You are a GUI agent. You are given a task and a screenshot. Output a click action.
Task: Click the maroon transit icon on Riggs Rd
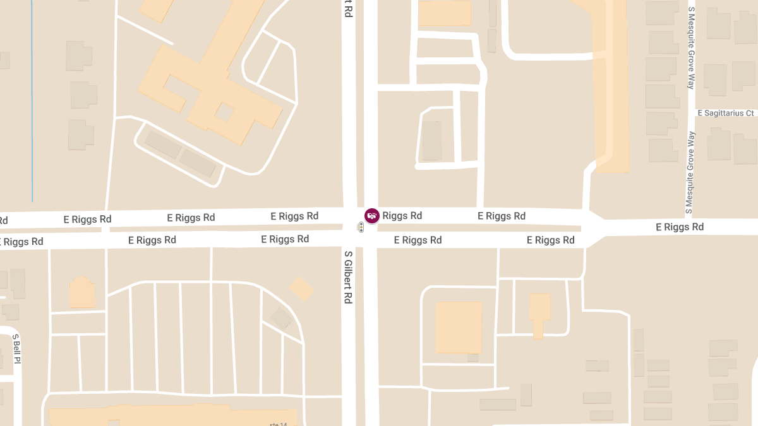[372, 216]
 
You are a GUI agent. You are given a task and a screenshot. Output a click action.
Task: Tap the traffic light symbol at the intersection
[361, 227]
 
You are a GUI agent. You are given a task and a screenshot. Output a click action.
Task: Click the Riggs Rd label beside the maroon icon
[402, 216]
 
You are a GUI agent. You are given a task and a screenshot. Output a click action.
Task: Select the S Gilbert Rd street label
[348, 277]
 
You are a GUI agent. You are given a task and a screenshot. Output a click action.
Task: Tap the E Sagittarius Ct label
[726, 113]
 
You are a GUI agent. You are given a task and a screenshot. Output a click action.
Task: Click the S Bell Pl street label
[17, 348]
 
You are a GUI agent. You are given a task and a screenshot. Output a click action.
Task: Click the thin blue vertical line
[32, 101]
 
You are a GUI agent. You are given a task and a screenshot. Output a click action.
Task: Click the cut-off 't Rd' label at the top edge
[348, 8]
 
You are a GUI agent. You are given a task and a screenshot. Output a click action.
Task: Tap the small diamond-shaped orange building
[302, 288]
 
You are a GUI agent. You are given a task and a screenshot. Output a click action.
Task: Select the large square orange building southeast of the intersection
[459, 326]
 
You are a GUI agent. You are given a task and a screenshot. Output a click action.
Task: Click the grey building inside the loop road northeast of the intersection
[432, 140]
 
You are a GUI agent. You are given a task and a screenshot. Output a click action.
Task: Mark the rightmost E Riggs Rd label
[679, 227]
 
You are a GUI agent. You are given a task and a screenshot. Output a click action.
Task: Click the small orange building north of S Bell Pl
[82, 293]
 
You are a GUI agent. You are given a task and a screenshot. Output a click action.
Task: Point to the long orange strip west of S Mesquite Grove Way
[611, 88]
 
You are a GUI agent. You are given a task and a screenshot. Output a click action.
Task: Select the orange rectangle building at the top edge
[445, 13]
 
